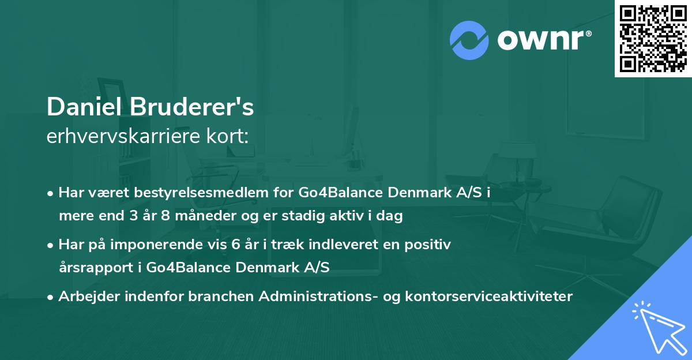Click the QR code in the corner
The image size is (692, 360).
point(653,38)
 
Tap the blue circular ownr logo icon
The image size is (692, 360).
point(469,39)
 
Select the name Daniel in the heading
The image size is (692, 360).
point(85,107)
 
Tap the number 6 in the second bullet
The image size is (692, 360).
point(234,245)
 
